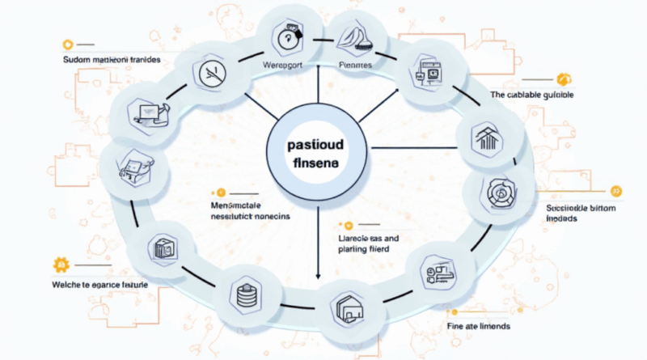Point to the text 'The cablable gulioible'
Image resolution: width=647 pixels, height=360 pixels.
pos(538,95)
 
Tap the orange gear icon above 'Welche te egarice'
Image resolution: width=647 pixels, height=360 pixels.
pos(59,265)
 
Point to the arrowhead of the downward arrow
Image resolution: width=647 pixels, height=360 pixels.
pos(318,278)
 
